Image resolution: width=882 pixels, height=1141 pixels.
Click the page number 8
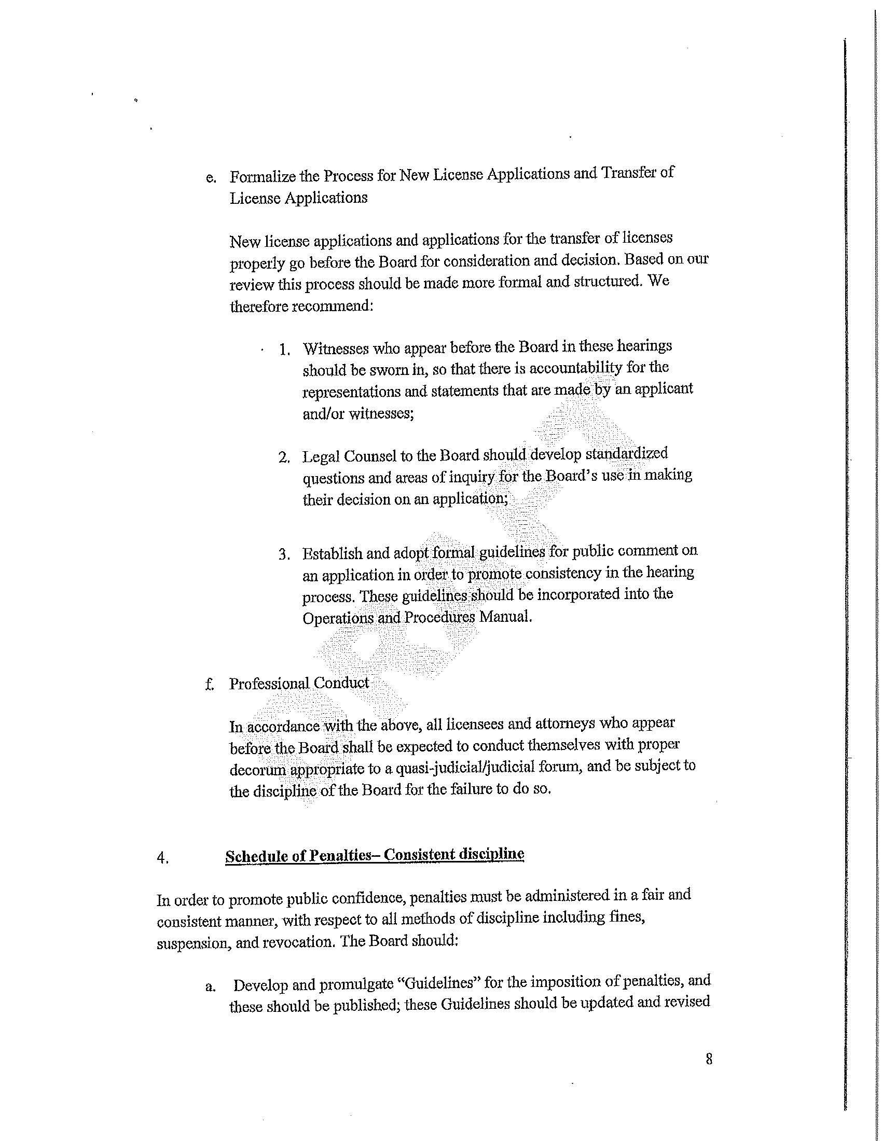(x=709, y=1059)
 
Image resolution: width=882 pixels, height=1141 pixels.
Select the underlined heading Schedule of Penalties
(x=375, y=855)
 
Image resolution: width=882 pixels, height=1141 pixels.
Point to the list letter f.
(x=210, y=685)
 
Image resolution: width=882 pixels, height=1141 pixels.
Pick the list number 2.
(x=284, y=458)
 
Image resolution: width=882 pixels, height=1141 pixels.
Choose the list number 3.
(x=284, y=554)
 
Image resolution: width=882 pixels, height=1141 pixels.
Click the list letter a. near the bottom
(x=210, y=987)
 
